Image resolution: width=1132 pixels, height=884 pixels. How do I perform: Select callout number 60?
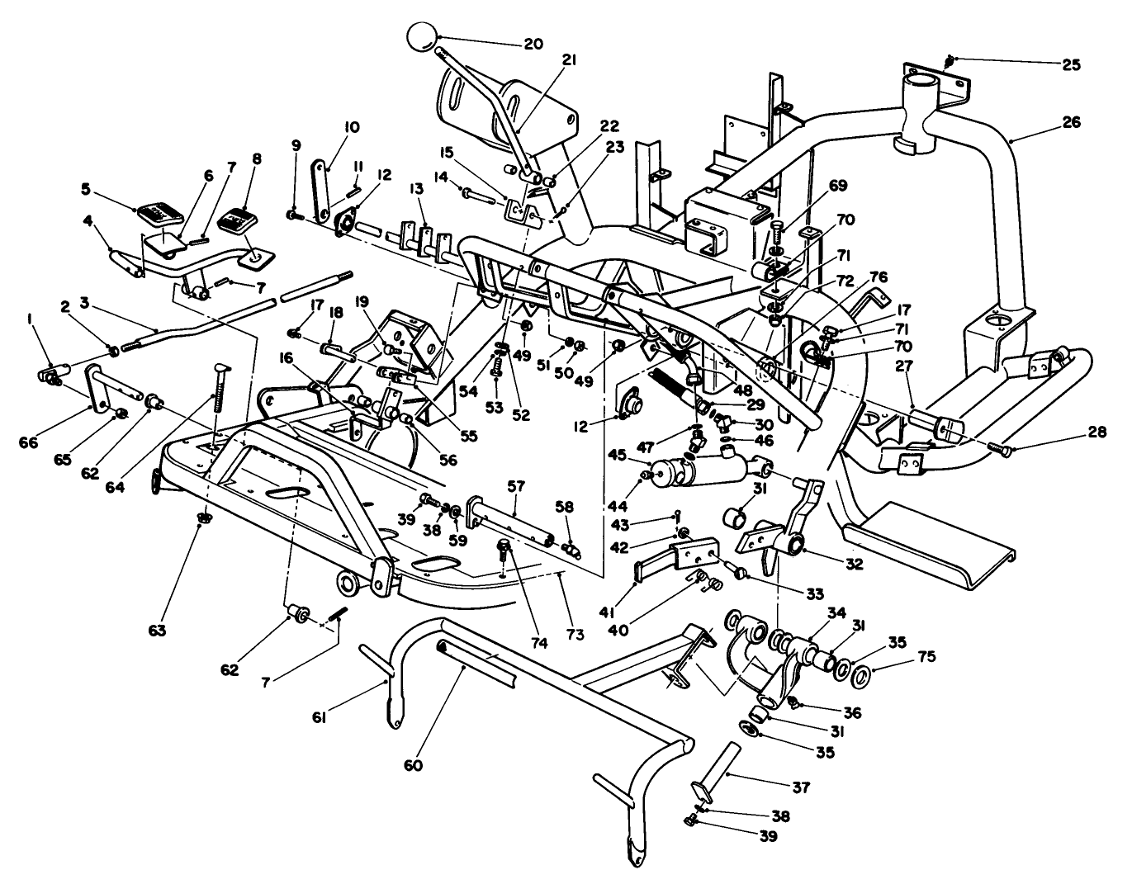414,764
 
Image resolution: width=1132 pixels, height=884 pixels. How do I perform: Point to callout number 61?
320,717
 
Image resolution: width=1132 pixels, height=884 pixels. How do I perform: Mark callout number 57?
517,488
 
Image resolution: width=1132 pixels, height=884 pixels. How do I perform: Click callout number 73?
575,634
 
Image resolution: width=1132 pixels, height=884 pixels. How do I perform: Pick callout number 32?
854,565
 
